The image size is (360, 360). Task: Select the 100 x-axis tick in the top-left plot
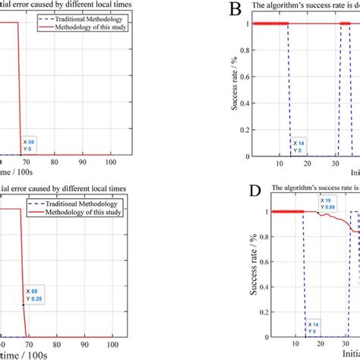(x=111, y=163)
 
